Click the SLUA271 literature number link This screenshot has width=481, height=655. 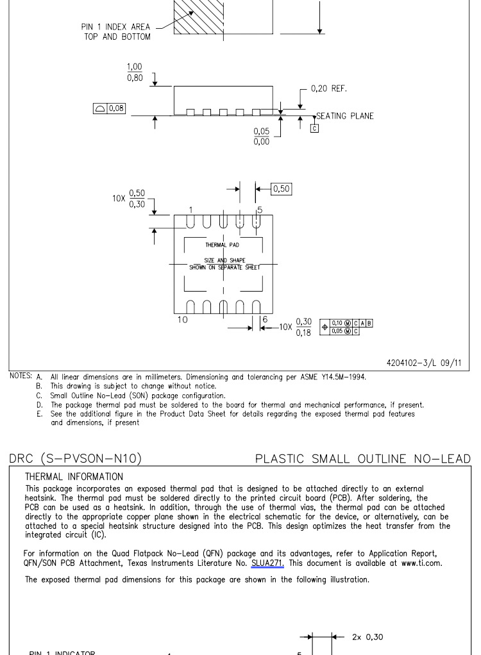[267, 563]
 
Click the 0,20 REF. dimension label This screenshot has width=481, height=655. [328, 88]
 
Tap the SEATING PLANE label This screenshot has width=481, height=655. [344, 116]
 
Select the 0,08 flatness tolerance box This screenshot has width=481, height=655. [109, 108]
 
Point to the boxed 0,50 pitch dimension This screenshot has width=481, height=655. [282, 188]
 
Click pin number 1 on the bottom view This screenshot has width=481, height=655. [190, 210]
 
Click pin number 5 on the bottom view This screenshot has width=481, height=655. [260, 210]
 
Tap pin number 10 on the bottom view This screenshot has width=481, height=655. [183, 319]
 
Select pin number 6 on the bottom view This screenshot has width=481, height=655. [264, 319]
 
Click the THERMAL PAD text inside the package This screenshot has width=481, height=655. [222, 245]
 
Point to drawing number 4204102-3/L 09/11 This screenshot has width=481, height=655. [423, 363]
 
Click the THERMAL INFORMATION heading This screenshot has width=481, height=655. [74, 477]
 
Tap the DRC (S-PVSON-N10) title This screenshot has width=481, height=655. [76, 458]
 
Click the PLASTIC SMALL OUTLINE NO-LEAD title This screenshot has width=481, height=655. [362, 458]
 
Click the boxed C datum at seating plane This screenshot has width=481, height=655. [314, 128]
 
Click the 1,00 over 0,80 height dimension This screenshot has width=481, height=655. [135, 72]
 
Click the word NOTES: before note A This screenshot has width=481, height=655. [21, 376]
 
